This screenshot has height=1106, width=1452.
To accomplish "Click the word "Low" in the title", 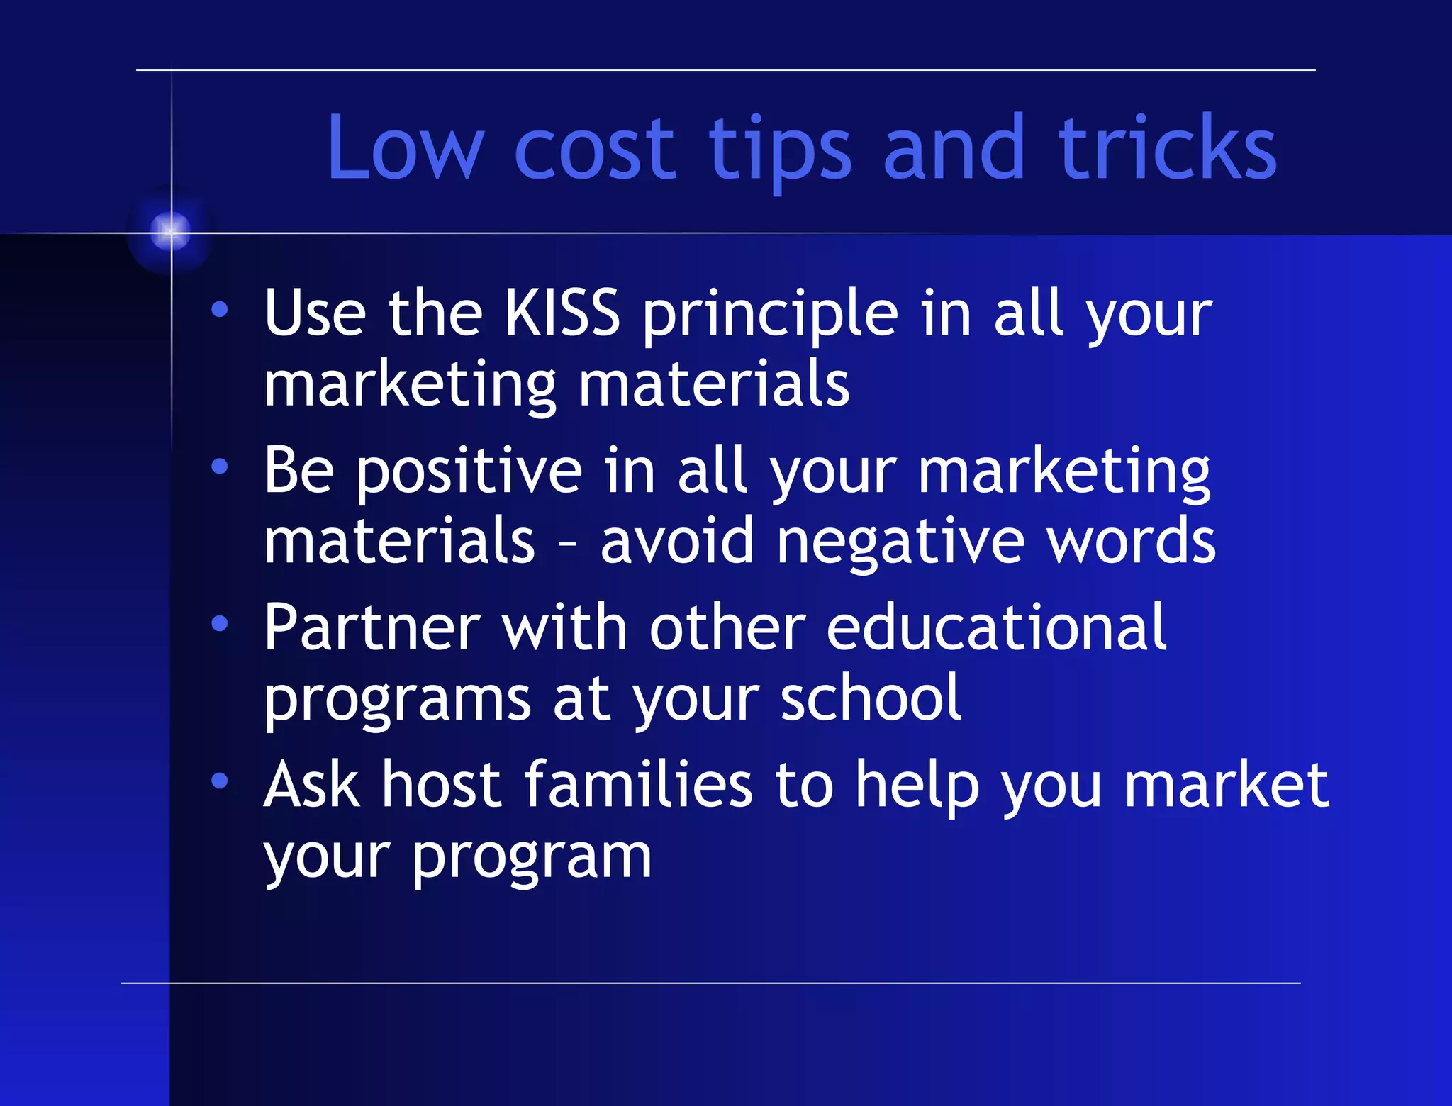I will [x=404, y=149].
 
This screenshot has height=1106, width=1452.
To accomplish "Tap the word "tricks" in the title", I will [x=1168, y=149].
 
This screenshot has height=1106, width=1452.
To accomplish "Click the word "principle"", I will [x=770, y=314].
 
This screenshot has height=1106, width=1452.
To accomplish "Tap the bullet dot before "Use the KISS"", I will [x=220, y=309].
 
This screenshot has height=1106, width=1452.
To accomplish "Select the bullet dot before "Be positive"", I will [x=220, y=467].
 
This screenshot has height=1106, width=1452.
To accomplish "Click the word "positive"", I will [x=469, y=471].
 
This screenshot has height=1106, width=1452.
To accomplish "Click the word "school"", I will [x=871, y=698].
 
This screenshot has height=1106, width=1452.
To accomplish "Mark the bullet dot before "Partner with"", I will [x=220, y=623].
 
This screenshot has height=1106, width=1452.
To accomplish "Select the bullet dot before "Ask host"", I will [x=220, y=781].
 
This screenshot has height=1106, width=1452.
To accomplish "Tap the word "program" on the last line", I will [x=531, y=858].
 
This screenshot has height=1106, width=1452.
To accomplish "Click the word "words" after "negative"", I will [x=1131, y=541].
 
